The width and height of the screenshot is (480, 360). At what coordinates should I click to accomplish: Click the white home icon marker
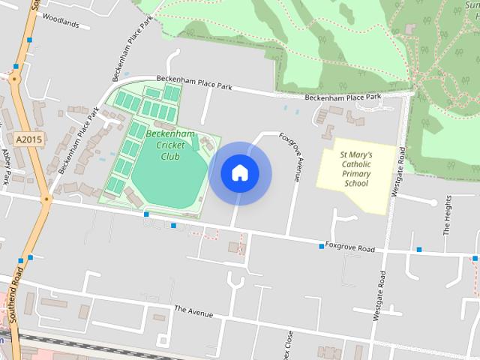click(x=239, y=172)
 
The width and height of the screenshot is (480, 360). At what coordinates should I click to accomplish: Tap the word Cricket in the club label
click(x=169, y=145)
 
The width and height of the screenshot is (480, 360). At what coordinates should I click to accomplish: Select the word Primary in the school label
click(x=356, y=173)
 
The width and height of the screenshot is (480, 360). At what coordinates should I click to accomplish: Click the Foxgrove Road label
click(x=351, y=248)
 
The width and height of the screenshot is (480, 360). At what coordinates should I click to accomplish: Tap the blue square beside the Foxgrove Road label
click(x=320, y=246)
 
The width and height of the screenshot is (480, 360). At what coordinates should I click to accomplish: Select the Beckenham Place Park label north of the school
click(x=343, y=97)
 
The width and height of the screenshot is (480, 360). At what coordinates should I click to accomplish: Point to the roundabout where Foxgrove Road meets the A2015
click(x=46, y=200)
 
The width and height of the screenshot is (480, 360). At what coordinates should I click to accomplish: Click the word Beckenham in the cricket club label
click(x=171, y=134)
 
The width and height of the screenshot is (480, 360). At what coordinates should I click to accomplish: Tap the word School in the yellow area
click(x=356, y=184)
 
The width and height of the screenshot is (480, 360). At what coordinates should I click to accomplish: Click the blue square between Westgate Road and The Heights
click(x=419, y=249)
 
